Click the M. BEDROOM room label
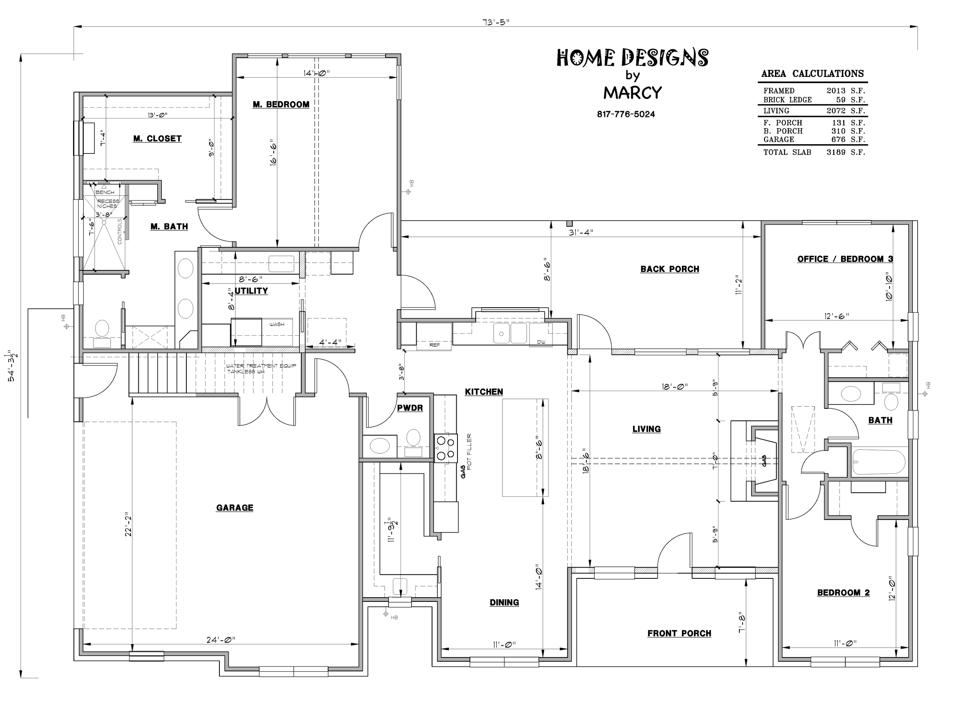tap(281, 105)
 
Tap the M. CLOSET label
tap(157, 139)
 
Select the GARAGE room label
tap(234, 508)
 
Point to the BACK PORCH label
tap(670, 269)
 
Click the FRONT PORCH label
tap(679, 633)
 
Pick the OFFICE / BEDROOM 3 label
tap(845, 259)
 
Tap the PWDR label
tap(410, 408)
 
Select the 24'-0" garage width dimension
tap(221, 640)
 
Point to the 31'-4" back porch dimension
tap(581, 232)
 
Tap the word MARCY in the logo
tap(633, 93)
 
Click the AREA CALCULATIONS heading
tap(812, 73)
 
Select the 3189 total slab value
tap(836, 152)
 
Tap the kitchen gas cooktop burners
tap(446, 448)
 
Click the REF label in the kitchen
tap(434, 345)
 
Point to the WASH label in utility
tap(277, 324)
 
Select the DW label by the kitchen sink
tap(541, 342)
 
